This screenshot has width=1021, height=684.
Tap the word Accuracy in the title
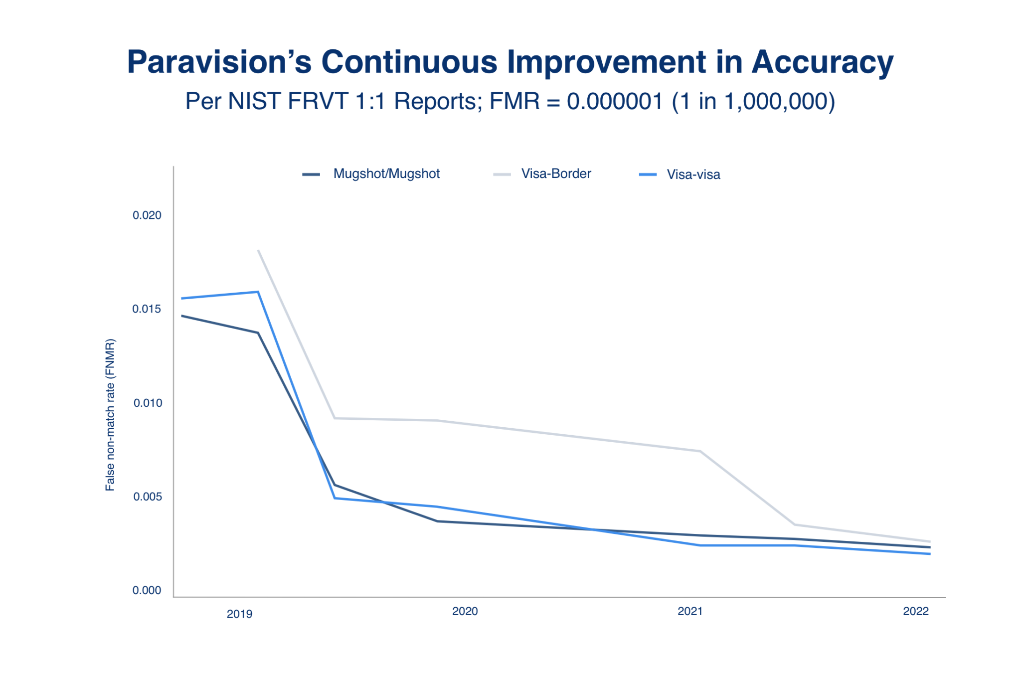[x=822, y=62]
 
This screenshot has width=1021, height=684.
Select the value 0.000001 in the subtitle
[x=614, y=101]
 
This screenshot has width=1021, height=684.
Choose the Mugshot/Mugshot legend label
[x=386, y=173]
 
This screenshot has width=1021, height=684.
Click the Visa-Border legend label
[x=556, y=173]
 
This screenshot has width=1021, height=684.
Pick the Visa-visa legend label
[x=693, y=174]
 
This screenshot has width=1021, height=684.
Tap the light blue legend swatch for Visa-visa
[x=648, y=174]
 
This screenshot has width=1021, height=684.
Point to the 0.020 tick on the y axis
[x=147, y=215]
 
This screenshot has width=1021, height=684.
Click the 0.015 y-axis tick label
[x=147, y=309]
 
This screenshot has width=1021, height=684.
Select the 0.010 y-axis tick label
[x=148, y=403]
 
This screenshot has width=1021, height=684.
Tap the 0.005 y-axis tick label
[x=147, y=497]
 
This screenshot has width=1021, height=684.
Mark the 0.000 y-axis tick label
[x=147, y=590]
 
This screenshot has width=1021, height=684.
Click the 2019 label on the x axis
[x=239, y=614]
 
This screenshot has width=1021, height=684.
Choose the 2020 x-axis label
[x=465, y=611]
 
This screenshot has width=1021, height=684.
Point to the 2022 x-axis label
[x=915, y=611]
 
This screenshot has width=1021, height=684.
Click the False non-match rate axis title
[x=110, y=415]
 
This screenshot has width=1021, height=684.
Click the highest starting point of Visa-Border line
[x=258, y=251]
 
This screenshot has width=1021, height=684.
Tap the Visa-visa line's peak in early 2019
[x=258, y=292]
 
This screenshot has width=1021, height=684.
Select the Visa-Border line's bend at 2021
[x=700, y=451]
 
